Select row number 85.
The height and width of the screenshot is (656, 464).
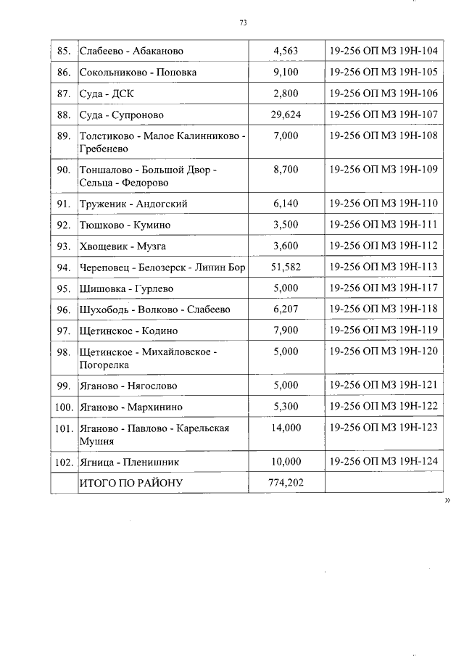click(x=63, y=51)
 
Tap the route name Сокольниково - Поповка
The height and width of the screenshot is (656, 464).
click(x=138, y=72)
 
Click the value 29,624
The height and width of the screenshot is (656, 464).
click(x=286, y=115)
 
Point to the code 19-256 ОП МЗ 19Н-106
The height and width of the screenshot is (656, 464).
click(x=384, y=94)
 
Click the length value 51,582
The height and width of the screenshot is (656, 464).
click(x=286, y=267)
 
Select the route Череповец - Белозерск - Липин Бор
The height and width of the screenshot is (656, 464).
click(x=162, y=267)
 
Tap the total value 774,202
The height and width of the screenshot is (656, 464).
click(x=286, y=482)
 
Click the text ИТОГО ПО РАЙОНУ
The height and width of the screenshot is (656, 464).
click(x=131, y=482)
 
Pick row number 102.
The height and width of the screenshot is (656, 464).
click(x=64, y=461)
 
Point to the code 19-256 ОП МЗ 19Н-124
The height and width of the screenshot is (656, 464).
click(x=384, y=460)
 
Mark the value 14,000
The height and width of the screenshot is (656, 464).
click(x=286, y=428)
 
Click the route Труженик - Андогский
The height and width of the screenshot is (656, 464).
click(x=133, y=204)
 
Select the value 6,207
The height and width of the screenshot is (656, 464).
click(x=286, y=309)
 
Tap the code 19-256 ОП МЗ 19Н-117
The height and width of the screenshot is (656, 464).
click(x=384, y=288)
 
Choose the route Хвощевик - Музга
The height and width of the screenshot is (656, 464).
click(x=123, y=246)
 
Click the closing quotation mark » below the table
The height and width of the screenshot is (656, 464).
click(x=447, y=499)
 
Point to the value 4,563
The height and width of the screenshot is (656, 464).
click(x=286, y=51)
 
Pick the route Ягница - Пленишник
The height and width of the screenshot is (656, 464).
click(x=129, y=461)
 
